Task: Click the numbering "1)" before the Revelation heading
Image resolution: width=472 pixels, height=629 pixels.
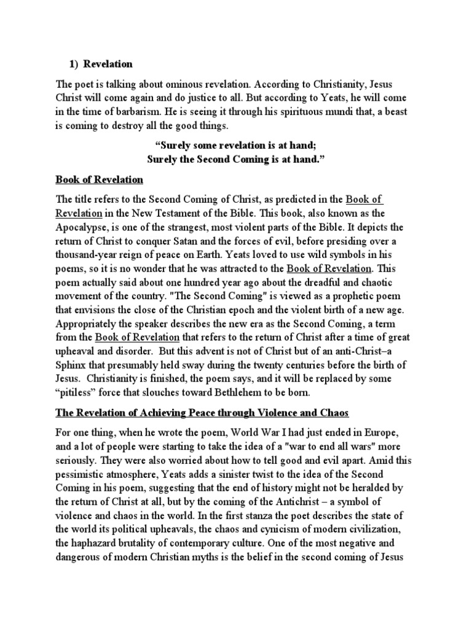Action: pyautogui.click(x=73, y=64)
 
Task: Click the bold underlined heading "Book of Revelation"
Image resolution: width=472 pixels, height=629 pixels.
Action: pyautogui.click(x=99, y=179)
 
